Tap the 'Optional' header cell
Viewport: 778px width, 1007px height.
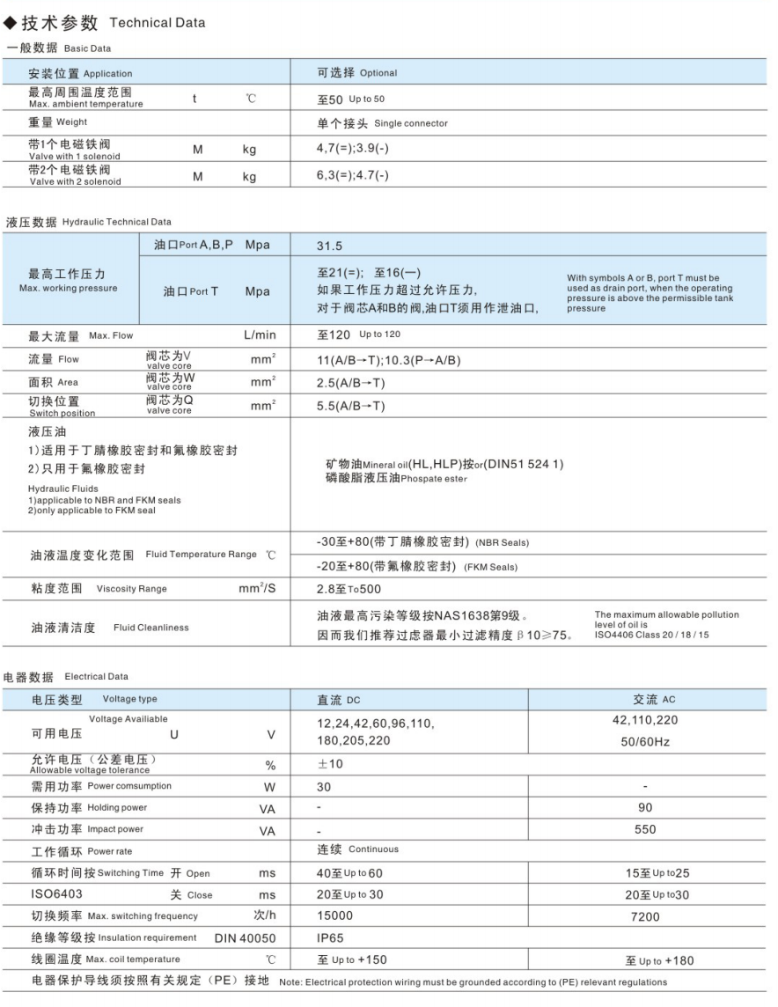pos(357,73)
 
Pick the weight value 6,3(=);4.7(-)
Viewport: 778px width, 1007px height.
pos(353,176)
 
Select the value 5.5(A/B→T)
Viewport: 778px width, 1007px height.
pos(351,406)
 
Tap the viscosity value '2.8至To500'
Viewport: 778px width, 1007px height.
pos(349,589)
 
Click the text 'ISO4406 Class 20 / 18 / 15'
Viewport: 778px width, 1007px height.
pos(651,634)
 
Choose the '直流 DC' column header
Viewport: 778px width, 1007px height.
pos(339,700)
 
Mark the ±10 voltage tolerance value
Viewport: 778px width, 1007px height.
pos(330,764)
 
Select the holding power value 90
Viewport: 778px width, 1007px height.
pos(645,807)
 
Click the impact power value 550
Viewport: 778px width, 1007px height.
pos(645,829)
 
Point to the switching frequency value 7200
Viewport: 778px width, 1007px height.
pos(645,916)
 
